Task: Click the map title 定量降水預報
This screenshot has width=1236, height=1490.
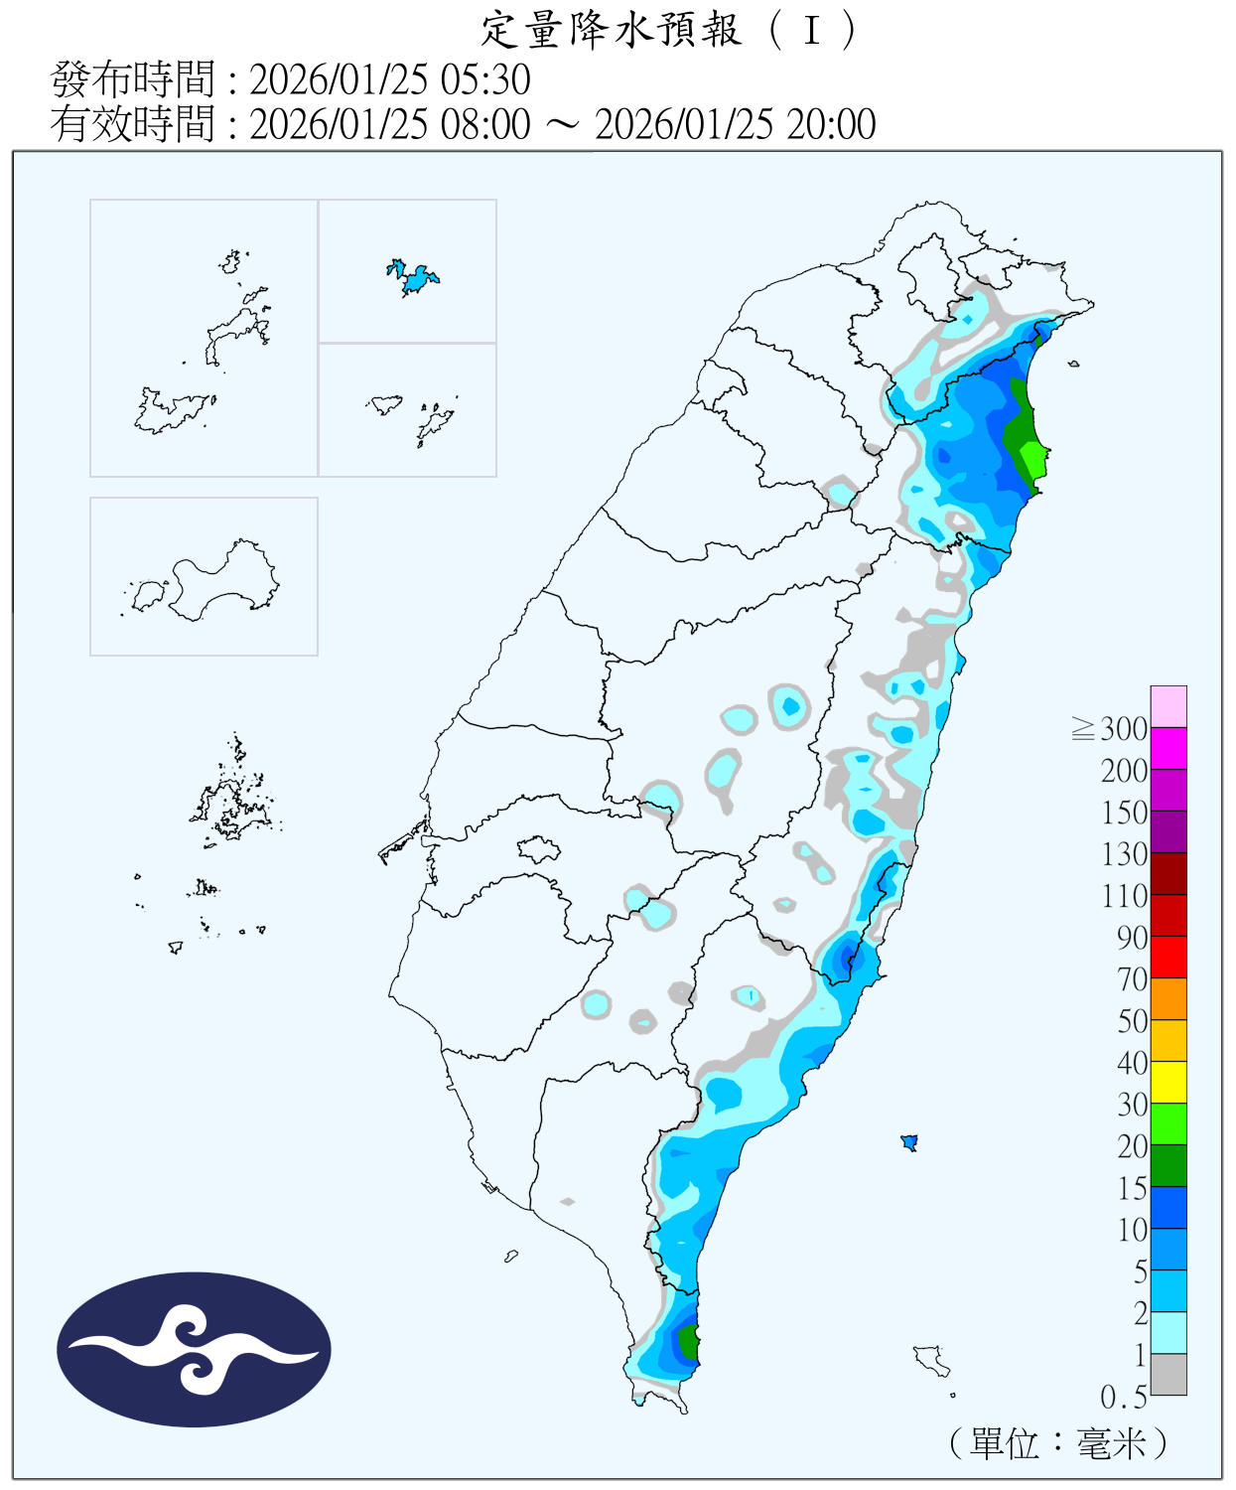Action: click(612, 30)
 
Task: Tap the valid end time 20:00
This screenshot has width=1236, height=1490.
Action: click(831, 124)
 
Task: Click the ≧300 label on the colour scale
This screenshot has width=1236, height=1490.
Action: click(1110, 729)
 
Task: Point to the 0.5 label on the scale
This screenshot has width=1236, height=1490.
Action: click(1123, 1398)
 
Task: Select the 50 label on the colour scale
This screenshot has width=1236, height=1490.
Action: click(1132, 1021)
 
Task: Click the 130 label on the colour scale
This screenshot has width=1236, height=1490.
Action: click(1124, 854)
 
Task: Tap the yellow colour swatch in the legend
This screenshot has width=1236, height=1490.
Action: click(1168, 1082)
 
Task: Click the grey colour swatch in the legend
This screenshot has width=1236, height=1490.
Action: click(1168, 1374)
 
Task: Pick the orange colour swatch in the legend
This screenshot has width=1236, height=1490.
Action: click(1168, 998)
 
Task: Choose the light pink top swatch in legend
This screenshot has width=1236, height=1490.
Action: click(1168, 706)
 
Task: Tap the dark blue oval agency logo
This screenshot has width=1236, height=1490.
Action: click(194, 1349)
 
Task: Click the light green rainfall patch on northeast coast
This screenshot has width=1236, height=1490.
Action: click(1033, 460)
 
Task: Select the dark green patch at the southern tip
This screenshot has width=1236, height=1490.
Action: click(688, 1342)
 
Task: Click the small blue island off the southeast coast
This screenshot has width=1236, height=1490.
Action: click(908, 1142)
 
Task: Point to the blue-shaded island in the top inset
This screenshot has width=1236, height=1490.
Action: click(415, 277)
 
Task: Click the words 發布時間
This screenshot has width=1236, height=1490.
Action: click(132, 79)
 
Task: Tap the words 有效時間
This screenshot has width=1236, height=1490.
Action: click(132, 124)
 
